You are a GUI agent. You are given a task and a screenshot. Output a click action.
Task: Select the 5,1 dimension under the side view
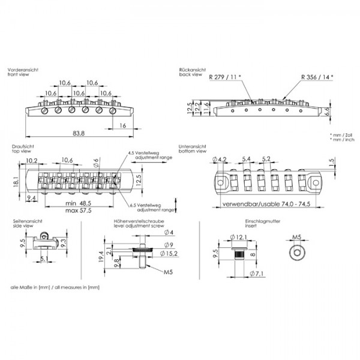click(x=44, y=260)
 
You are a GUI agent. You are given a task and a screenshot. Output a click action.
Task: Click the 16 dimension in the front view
click(x=122, y=125)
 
